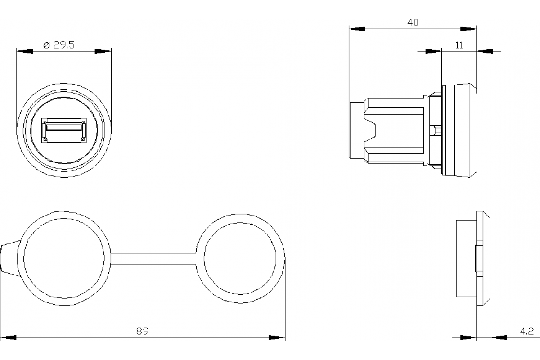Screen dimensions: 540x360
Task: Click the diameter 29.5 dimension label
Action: [59, 45]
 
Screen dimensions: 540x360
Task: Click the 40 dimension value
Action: [413, 22]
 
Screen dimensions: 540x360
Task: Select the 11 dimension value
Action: [459, 45]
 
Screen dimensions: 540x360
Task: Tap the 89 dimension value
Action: [143, 331]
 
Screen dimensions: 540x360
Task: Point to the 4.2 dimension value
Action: [527, 331]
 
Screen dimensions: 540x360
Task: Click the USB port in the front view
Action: [64, 130]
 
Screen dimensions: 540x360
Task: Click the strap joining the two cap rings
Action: [153, 258]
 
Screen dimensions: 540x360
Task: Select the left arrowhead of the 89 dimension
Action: [8, 337]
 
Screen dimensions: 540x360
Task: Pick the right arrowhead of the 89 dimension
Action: [277, 337]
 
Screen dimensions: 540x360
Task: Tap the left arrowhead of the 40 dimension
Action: [357, 29]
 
